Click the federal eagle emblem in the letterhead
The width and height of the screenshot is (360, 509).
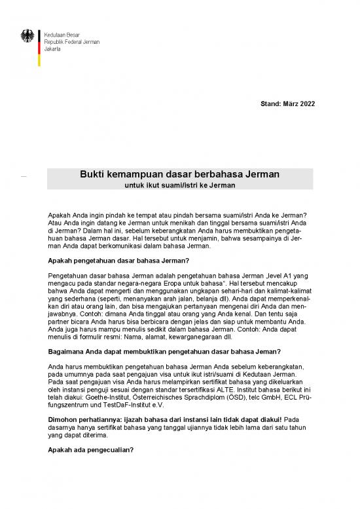pyautogui.click(x=28, y=37)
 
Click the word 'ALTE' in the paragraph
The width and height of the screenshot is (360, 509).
pyautogui.click(x=221, y=388)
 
